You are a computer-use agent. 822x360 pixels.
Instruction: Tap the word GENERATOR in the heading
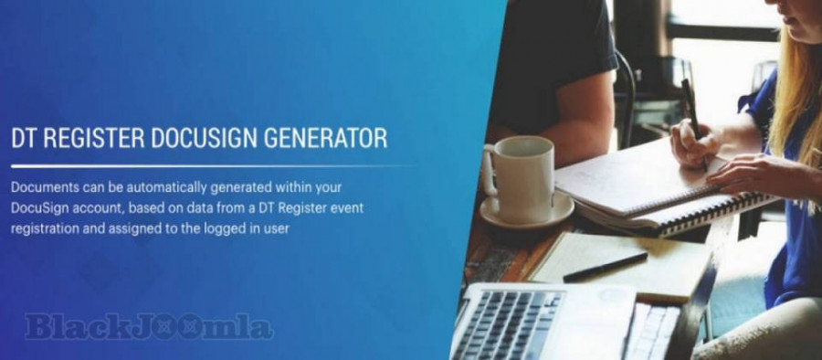pyautogui.click(x=325, y=138)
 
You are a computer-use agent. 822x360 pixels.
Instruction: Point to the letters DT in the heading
pyautogui.click(x=24, y=138)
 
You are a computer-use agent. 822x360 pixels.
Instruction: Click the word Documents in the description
pyautogui.click(x=45, y=187)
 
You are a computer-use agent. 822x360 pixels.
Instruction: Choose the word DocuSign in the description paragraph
pyautogui.click(x=38, y=208)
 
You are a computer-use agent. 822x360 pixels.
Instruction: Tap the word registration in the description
pyautogui.click(x=42, y=229)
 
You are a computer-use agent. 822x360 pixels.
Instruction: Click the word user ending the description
pyautogui.click(x=277, y=229)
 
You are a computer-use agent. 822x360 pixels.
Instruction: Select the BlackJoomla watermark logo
pyautogui.click(x=149, y=327)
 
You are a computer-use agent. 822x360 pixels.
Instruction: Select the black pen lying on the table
pyautogui.click(x=606, y=268)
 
